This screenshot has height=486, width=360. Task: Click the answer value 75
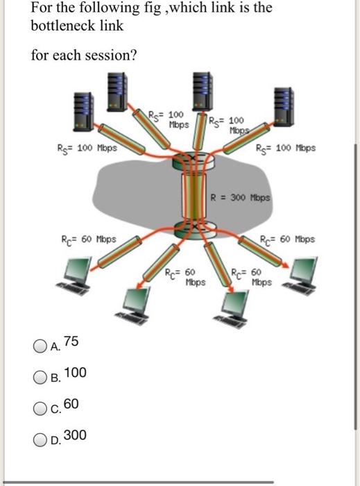[71, 342]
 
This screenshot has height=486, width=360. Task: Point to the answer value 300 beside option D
[75, 435]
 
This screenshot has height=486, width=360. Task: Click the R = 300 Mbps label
[242, 197]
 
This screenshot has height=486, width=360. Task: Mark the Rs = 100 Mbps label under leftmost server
[87, 147]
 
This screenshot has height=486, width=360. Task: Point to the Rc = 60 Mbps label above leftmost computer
[87, 240]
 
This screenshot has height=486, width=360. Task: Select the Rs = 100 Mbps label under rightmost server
[286, 147]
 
